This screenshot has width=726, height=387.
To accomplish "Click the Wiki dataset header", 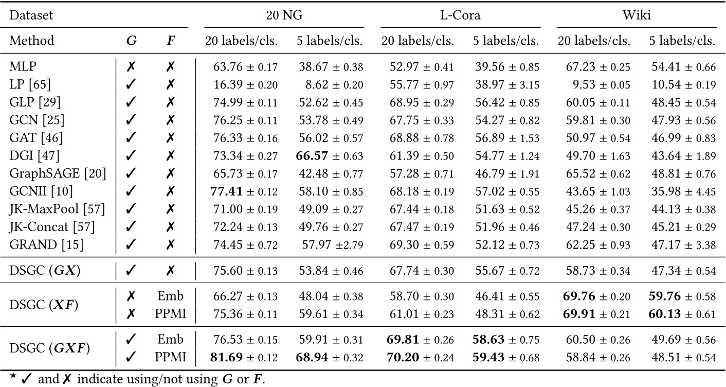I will click(637, 15).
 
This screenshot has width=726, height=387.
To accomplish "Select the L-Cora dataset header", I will click(460, 15).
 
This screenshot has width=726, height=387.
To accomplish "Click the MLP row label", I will click(22, 66).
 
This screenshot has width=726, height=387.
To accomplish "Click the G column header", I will click(131, 41).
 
